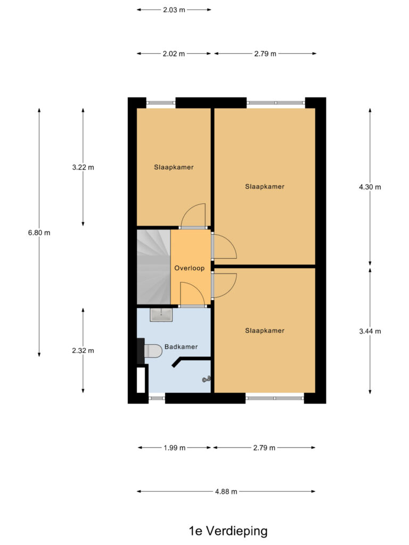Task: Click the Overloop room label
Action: tap(189, 268)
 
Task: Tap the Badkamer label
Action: tap(181, 346)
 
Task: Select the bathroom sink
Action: tap(161, 315)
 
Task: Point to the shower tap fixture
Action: tap(207, 379)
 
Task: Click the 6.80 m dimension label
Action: tap(39, 233)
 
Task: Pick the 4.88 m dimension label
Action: tap(226, 491)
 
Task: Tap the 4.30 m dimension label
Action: tap(370, 187)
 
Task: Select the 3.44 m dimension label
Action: tap(370, 331)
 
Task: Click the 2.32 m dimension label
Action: tap(83, 351)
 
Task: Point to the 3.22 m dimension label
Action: tap(83, 167)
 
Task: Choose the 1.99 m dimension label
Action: tap(175, 448)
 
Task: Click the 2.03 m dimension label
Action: tap(174, 10)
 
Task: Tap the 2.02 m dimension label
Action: tap(174, 54)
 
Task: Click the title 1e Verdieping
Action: tap(228, 531)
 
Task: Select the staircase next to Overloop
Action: tap(153, 267)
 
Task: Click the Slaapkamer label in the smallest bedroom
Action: tap(174, 167)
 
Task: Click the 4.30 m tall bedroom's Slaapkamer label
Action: tap(265, 187)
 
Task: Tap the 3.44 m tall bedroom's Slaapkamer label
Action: tap(265, 331)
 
